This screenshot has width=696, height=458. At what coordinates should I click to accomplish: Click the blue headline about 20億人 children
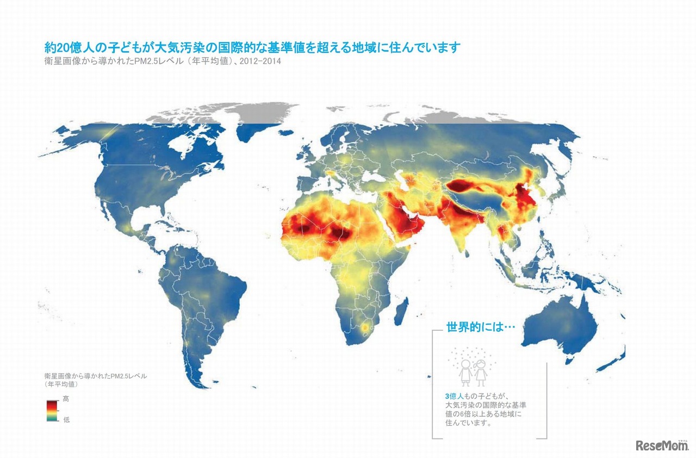252,47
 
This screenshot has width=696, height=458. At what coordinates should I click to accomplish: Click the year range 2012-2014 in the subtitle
263,61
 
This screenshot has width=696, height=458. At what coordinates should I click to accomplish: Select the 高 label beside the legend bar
66,399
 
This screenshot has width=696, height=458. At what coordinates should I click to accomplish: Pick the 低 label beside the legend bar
66,419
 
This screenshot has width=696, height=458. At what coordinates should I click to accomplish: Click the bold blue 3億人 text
453,397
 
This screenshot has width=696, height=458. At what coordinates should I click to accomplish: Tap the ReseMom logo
661,445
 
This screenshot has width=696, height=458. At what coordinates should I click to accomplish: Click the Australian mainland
560,324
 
